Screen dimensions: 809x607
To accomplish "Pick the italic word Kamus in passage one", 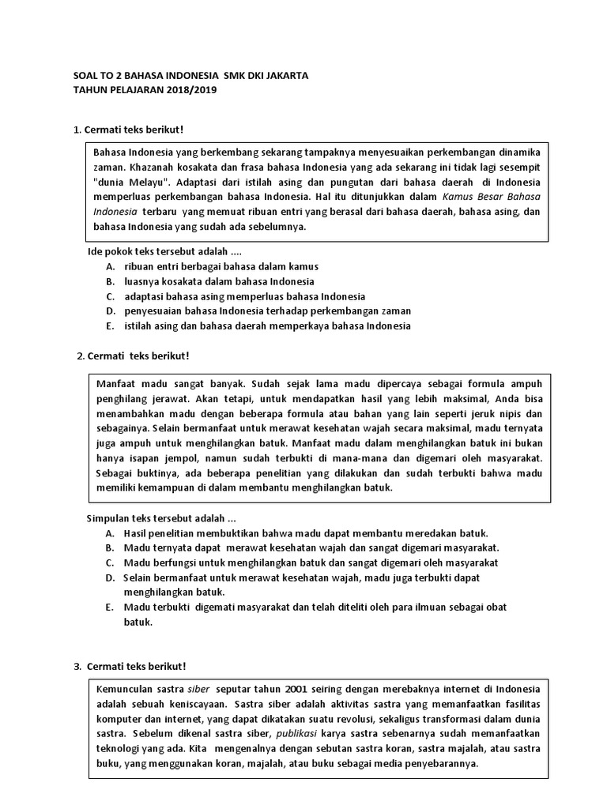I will pos(458,197).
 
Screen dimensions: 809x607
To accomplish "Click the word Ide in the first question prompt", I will pos(93,252).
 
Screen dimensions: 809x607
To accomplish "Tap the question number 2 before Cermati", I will pos(81,356).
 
